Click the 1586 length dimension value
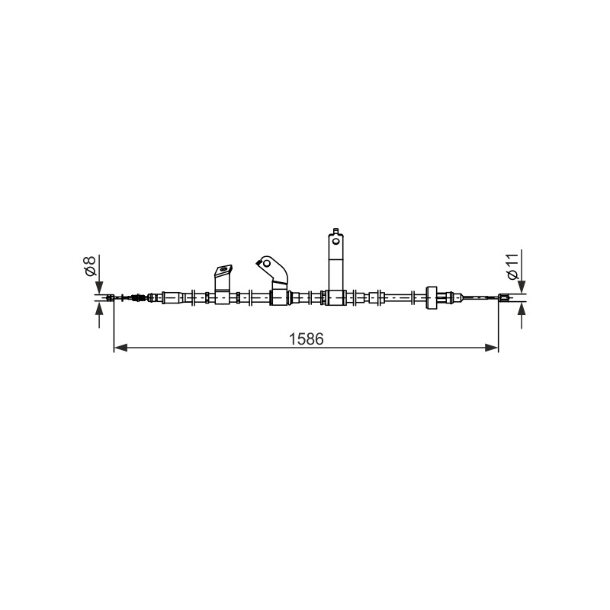point(307,339)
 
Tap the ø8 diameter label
point(90,266)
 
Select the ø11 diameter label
point(512,266)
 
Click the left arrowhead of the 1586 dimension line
point(120,348)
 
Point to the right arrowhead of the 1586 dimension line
point(491,348)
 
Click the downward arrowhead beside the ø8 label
point(100,287)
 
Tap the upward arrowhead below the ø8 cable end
point(100,310)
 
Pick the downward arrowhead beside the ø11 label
point(522,287)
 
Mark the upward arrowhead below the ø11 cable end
point(522,310)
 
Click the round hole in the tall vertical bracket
point(335,241)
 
